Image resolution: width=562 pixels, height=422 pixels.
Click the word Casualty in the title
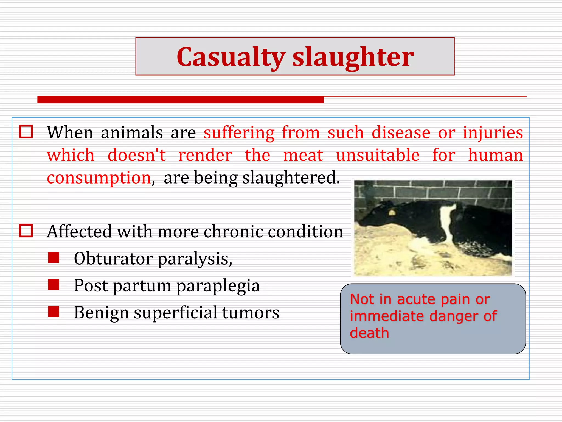(x=231, y=57)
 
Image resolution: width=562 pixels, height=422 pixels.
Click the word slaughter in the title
(x=353, y=57)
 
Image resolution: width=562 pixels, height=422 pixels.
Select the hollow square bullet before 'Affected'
(x=26, y=231)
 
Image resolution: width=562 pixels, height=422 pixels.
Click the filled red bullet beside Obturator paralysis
(x=54, y=258)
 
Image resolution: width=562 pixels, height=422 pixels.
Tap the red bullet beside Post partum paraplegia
(x=54, y=285)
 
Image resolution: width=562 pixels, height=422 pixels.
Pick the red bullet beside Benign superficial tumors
(x=54, y=312)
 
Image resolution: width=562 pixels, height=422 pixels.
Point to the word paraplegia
(x=218, y=286)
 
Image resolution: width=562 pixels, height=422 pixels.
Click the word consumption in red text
(x=99, y=178)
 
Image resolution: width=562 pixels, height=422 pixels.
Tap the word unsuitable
(x=378, y=155)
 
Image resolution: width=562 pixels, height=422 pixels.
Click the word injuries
(x=493, y=133)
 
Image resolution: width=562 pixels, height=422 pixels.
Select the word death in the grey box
(x=369, y=333)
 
